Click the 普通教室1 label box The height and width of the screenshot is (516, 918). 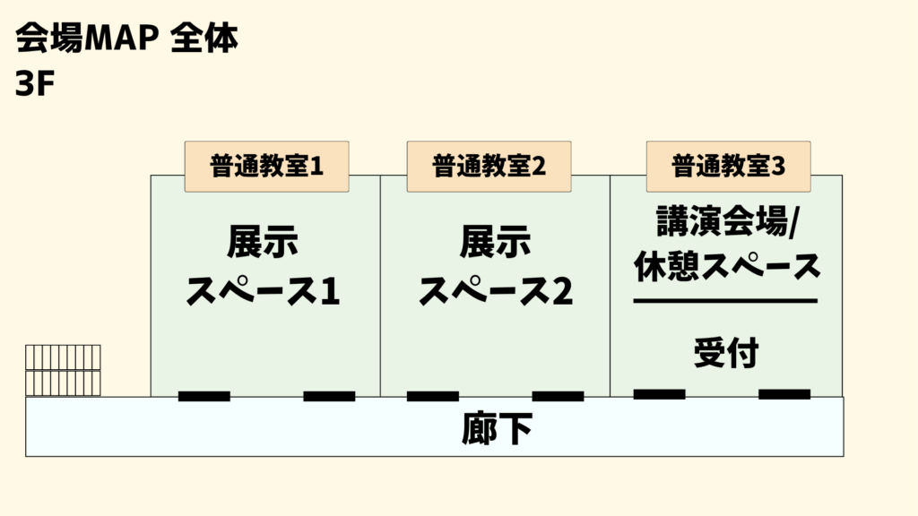point(267,166)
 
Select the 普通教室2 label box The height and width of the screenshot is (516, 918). point(489,166)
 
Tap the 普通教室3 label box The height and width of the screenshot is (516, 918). point(728,166)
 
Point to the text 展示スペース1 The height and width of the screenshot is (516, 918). point(263,266)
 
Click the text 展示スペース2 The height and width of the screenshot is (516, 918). point(495,266)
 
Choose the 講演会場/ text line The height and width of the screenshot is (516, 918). point(727,221)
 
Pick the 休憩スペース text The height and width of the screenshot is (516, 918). point(727,266)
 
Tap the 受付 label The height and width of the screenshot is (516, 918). point(726,352)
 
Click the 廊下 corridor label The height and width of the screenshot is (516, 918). point(497,428)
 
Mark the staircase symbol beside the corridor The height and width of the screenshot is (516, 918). point(64,370)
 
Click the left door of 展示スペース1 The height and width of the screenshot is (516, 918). point(204,396)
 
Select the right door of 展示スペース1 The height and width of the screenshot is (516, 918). point(329,396)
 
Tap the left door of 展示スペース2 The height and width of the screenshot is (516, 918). point(433,396)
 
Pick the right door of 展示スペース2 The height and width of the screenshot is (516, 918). point(558,396)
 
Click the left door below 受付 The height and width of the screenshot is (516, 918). point(659,394)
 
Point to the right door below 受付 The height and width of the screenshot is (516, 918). point(784,394)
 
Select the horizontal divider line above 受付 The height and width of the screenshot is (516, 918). point(725,301)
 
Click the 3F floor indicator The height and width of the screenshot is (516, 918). point(35,83)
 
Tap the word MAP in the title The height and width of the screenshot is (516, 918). point(122,39)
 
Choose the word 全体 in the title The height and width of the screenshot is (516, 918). point(204,39)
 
